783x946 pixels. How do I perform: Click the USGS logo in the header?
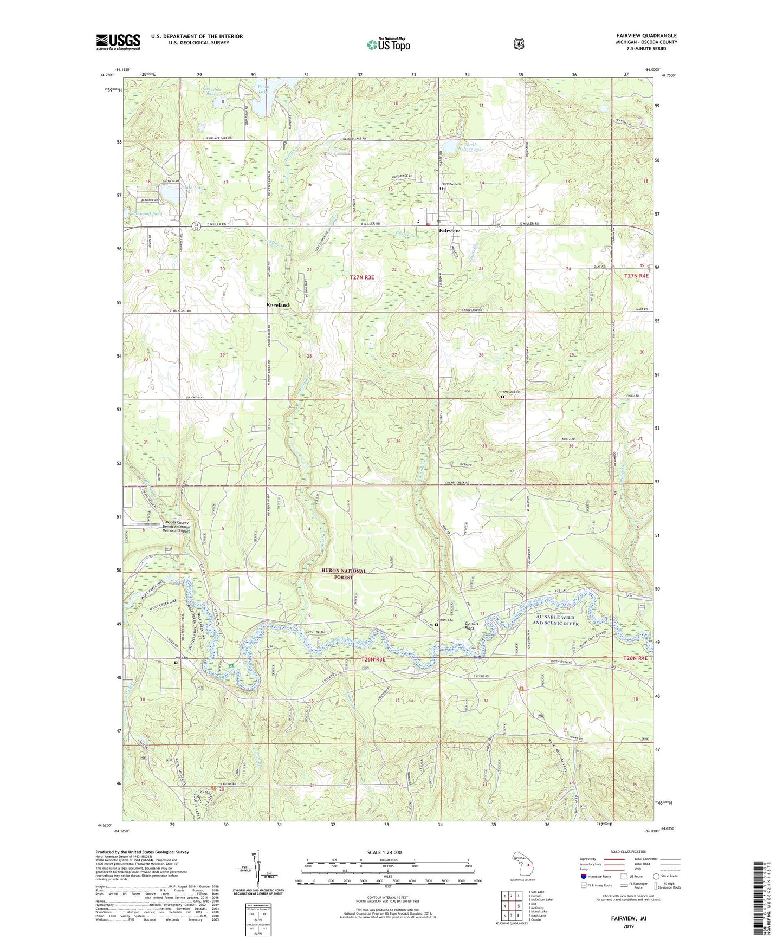click(118, 42)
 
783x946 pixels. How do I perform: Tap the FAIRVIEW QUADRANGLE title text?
click(646, 36)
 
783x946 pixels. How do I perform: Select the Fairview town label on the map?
click(449, 231)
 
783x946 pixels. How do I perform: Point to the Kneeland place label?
click(277, 305)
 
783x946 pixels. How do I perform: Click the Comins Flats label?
click(471, 626)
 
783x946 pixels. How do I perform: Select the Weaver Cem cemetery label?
click(511, 392)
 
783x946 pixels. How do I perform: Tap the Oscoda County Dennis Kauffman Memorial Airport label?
click(177, 527)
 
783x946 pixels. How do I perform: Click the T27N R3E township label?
click(362, 277)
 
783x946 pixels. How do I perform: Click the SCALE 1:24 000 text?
click(384, 852)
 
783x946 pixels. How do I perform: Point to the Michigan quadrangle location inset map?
click(522, 865)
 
